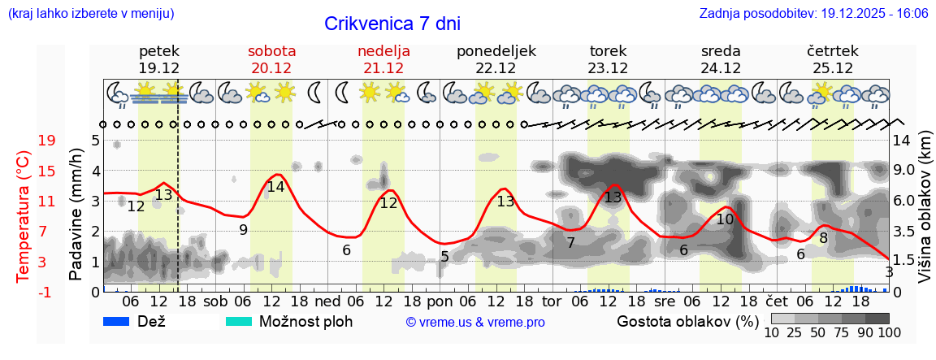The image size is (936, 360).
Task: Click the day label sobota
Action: pos(271,50)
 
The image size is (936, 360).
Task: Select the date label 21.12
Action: pos(383,68)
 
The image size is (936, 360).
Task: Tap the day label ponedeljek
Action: pos(496,50)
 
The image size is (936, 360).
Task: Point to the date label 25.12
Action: pos(832,68)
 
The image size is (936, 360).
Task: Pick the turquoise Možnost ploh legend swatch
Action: pos(238,321)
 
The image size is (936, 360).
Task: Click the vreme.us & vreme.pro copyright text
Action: pos(475,322)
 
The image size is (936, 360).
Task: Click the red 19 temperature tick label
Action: pos(46,141)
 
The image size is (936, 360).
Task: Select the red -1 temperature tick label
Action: pos(46,292)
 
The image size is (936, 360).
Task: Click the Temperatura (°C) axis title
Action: pos(23,216)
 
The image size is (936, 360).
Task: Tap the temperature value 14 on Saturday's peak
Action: pos(275,186)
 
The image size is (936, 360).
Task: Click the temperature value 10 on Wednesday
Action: pos(725,219)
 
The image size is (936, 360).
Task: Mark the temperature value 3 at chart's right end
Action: pos(889,272)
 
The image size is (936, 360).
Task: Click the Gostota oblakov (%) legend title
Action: pos(681,321)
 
